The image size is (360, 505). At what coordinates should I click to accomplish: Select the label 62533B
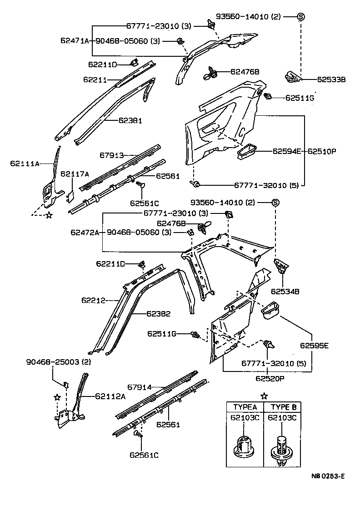tap(331, 79)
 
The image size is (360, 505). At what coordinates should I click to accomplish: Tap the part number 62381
tap(130, 121)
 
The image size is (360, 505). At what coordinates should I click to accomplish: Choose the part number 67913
tap(112, 155)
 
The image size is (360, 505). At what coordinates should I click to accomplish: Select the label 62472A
tap(85, 233)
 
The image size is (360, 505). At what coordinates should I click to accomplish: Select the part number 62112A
tap(110, 396)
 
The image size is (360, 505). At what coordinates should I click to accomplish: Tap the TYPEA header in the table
tap(245, 407)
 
